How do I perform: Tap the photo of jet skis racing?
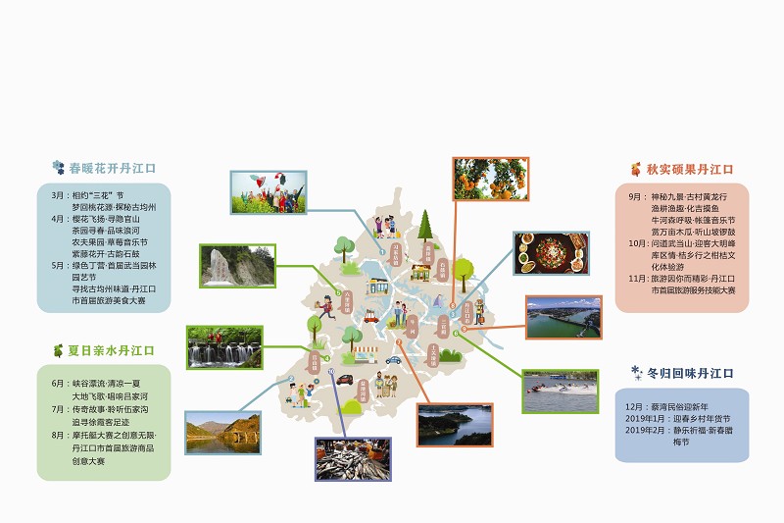[x=561, y=392]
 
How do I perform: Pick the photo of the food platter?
[x=552, y=253]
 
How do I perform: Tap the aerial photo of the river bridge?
[x=563, y=317]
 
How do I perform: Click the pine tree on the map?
[x=425, y=226]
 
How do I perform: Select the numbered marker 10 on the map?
[x=332, y=371]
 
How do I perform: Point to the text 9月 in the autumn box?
[x=635, y=196]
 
